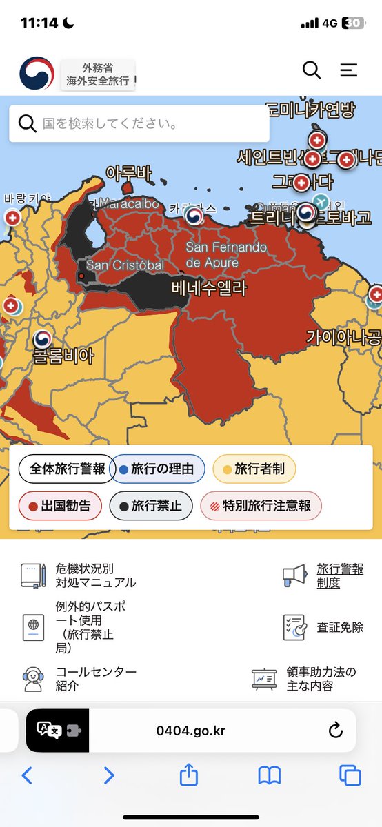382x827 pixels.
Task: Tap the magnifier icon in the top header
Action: point(312,70)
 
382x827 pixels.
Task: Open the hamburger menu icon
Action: point(349,70)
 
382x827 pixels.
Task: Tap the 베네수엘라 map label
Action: point(209,287)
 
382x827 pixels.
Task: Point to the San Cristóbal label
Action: point(125,265)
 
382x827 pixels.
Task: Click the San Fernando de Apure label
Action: point(226,254)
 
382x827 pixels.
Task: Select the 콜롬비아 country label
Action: point(63,356)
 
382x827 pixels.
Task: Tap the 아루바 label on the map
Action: point(129,174)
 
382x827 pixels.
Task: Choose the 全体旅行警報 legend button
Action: point(67,469)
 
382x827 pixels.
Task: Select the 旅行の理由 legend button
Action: point(158,469)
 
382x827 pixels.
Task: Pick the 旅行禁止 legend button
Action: point(150,506)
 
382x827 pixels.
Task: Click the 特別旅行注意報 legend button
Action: point(261,506)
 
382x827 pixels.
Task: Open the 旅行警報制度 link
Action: point(339,575)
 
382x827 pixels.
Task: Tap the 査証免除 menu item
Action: point(339,627)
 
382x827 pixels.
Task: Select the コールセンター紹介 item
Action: point(95,679)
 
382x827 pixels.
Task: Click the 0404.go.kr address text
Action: point(191,731)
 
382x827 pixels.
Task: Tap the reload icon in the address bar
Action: point(336,731)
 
